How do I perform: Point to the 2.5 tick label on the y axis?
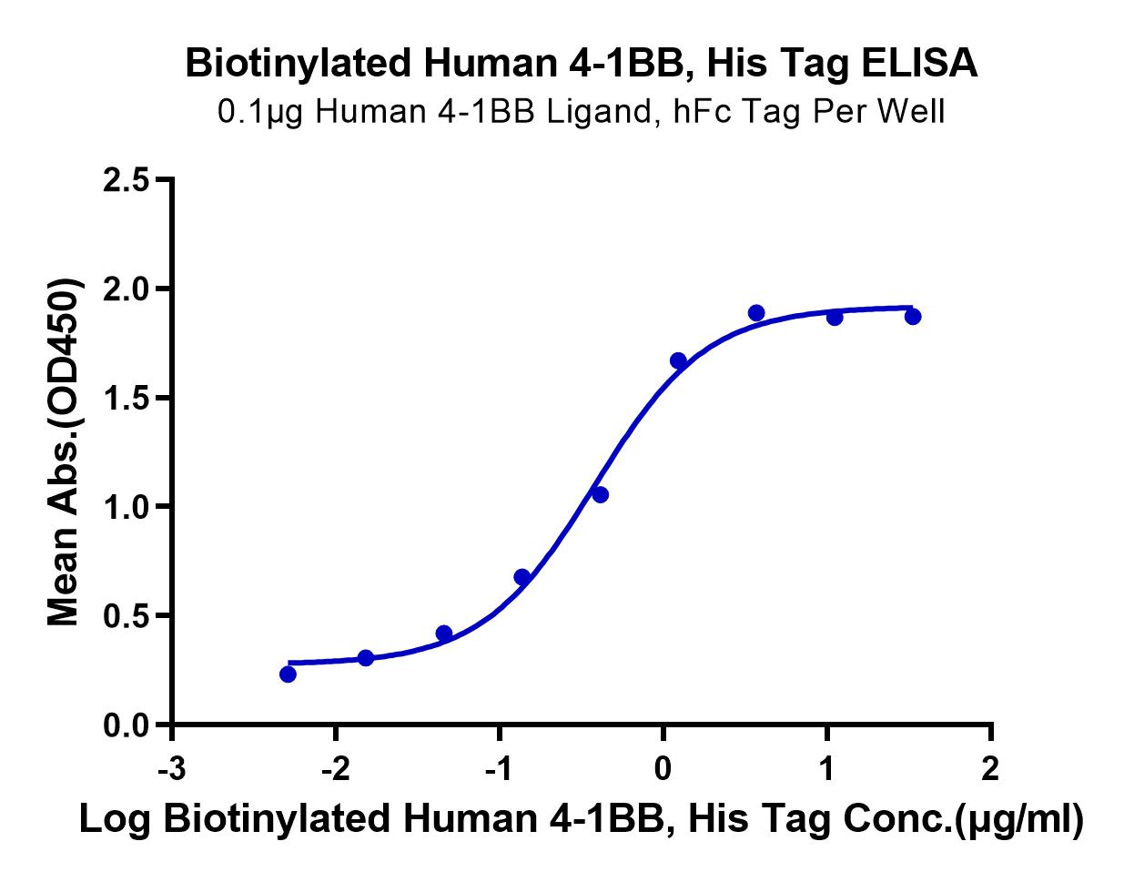click(127, 181)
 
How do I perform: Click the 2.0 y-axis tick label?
click(127, 289)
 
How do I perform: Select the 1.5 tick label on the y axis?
click(127, 399)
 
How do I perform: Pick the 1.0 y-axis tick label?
click(127, 508)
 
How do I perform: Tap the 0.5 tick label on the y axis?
click(127, 616)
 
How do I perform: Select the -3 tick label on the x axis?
click(171, 769)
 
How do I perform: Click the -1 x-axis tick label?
click(499, 769)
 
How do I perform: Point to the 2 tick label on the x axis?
click(990, 769)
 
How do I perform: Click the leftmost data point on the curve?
click(288, 674)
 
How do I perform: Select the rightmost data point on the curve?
click(913, 317)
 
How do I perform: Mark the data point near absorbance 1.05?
click(600, 495)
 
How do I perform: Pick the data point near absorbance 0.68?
click(521, 576)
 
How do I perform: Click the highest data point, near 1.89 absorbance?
click(756, 312)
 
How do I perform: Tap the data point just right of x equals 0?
click(678, 360)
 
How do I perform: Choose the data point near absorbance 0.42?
click(444, 633)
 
